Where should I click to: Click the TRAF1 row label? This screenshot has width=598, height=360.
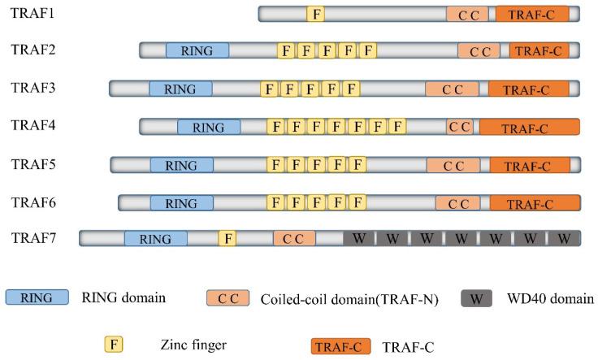[29, 14]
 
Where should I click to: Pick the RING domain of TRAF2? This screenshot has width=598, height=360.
[197, 50]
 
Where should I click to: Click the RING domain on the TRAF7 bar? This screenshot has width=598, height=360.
[155, 238]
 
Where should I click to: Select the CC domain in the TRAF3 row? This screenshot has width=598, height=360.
[452, 89]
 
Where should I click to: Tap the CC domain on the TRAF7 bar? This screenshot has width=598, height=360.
[293, 238]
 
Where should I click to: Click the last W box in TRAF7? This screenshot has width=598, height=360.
[564, 238]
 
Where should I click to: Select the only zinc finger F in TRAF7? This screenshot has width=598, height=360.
[229, 238]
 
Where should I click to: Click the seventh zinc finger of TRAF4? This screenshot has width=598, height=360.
[396, 126]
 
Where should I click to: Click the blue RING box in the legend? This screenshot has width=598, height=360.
[37, 297]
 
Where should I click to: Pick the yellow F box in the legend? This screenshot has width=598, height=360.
[116, 345]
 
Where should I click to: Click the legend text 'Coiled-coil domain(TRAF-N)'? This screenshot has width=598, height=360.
[349, 299]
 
